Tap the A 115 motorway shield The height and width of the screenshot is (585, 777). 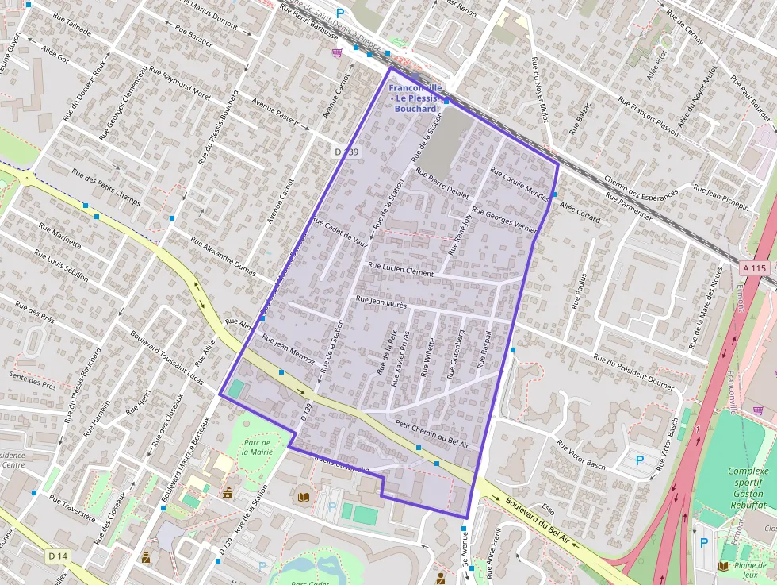754,268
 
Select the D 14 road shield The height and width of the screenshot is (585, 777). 55,556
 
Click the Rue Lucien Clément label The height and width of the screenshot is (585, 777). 401,270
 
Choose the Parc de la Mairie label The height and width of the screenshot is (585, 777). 256,446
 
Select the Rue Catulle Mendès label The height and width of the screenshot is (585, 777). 519,183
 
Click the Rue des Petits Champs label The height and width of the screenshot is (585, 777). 105,187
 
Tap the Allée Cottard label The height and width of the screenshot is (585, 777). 580,212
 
